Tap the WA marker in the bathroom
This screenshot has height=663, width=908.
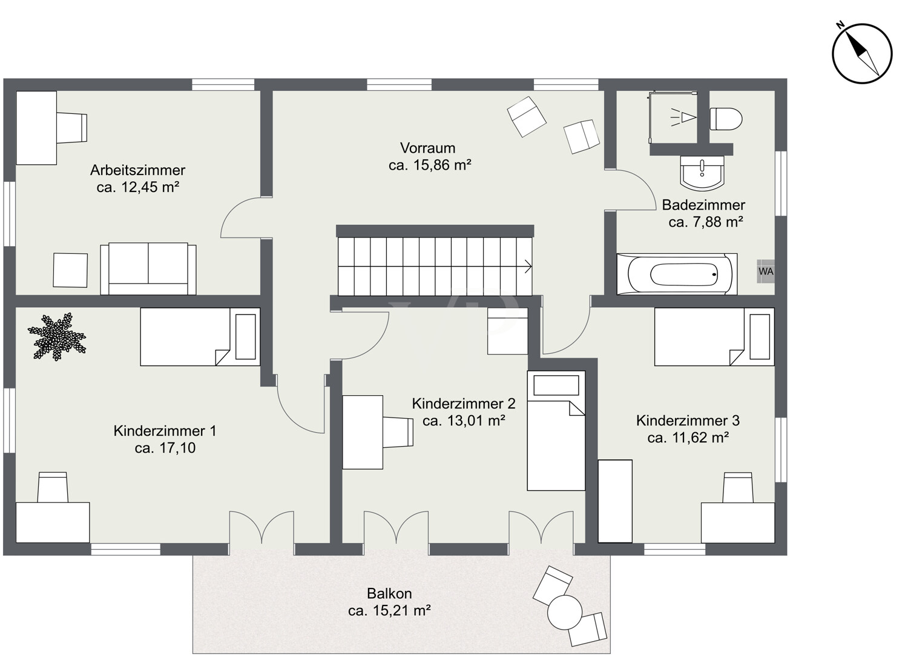[x=766, y=271]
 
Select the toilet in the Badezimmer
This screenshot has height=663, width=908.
[x=726, y=119]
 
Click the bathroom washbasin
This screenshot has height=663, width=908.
[x=702, y=173]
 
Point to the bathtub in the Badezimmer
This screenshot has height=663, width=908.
[x=677, y=275]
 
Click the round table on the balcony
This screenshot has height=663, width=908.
[x=565, y=612]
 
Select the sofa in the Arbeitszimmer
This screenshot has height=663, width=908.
[x=148, y=268]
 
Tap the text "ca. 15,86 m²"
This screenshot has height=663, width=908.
[x=430, y=165]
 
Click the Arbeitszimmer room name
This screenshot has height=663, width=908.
[x=137, y=170]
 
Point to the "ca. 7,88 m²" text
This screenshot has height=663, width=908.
[x=706, y=222]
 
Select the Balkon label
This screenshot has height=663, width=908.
[x=389, y=594]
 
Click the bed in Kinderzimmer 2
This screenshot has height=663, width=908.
[x=556, y=430]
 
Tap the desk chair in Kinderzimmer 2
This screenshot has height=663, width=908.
[x=398, y=432]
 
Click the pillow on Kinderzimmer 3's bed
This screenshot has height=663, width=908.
[x=759, y=336]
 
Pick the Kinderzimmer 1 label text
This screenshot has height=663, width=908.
[x=165, y=430]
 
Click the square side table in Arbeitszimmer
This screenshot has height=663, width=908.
[x=70, y=270]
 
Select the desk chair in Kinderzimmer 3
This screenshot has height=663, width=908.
[x=738, y=487]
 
